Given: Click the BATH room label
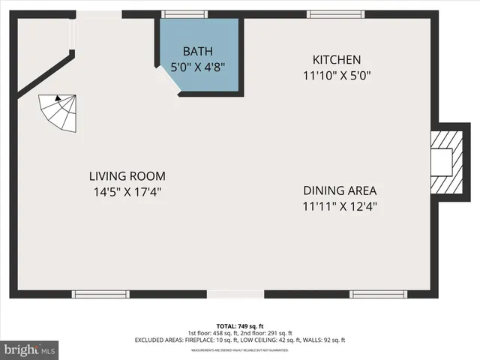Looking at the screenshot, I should click(199, 51).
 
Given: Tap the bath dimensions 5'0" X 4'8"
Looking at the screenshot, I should click(199, 66).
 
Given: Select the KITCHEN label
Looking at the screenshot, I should click(337, 60).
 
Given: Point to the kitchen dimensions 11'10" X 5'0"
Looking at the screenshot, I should click(337, 75).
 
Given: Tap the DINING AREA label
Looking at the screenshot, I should click(340, 190).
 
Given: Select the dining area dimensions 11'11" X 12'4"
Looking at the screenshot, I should click(340, 205).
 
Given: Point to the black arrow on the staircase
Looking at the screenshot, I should click(57, 97).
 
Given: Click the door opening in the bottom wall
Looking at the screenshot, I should click(229, 293).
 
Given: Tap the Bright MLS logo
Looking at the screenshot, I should click(30, 349).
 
